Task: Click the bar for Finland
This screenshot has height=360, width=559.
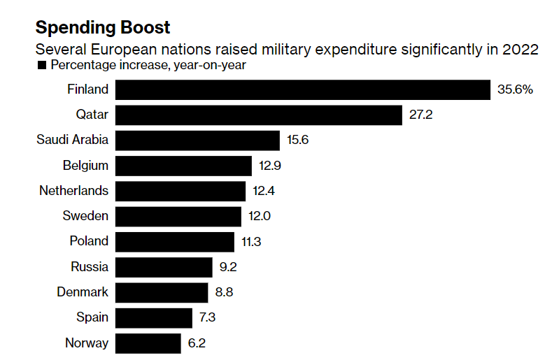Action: pos(302,89)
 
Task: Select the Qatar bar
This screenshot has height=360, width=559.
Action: pos(258,115)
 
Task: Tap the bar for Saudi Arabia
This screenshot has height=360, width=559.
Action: pos(197,140)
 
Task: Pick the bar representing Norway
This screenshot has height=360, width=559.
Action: pos(148,343)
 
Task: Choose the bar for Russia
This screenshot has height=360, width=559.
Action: pos(164,266)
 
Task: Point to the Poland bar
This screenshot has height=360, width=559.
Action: pos(175,241)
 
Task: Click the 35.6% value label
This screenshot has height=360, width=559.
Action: pos(515,89)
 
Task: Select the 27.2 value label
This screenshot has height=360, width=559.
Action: pos(421,115)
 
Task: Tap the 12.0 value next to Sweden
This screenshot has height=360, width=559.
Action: pos(260,216)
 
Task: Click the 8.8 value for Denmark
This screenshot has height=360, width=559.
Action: pos(224,292)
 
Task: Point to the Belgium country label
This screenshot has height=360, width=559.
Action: pos(85,165)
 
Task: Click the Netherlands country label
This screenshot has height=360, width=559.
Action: pos(74,190)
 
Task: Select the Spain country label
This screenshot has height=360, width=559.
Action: pos(92,317)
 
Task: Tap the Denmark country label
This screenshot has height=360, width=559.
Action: pos(83,292)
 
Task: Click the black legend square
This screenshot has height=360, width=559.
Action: pos(41,66)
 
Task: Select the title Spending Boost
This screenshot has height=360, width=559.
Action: pos(102,28)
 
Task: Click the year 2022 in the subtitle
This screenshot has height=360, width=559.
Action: pos(521,50)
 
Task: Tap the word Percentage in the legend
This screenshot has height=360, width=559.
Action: pos(83,66)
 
